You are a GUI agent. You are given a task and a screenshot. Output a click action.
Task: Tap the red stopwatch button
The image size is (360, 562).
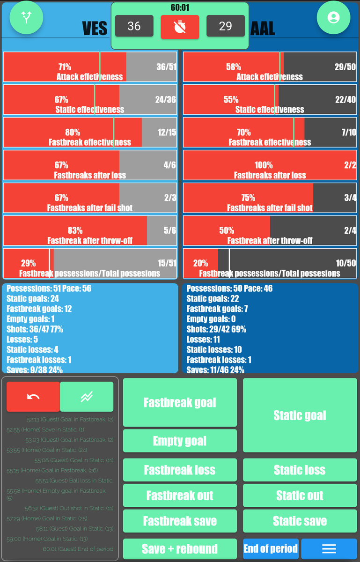[x=180, y=27]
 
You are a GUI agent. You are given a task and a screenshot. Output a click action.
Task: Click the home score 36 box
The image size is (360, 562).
[x=134, y=26]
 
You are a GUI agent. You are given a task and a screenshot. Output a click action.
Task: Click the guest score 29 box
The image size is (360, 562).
[x=225, y=26]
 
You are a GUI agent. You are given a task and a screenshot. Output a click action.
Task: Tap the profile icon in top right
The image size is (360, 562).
[x=333, y=18]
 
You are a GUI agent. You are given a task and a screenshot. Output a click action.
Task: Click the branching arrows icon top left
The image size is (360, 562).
[x=26, y=18]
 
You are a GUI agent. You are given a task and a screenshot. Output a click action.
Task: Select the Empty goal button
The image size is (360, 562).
[x=180, y=441]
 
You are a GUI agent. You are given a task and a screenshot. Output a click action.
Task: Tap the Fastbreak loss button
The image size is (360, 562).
[x=180, y=470]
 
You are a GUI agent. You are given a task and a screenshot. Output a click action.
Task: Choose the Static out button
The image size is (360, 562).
[x=300, y=495]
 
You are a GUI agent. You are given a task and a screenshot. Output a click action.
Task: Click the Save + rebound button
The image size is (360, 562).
[x=180, y=549]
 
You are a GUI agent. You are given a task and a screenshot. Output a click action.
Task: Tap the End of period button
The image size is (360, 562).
[x=271, y=549]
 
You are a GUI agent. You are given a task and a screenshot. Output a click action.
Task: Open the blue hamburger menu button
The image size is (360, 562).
[x=329, y=549]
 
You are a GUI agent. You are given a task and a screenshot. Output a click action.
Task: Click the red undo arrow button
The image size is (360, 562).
[x=33, y=397]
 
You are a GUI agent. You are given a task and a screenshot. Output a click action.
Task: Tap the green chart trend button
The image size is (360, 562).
[x=87, y=397]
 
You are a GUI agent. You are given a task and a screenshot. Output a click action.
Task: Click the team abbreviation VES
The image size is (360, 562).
[x=95, y=29]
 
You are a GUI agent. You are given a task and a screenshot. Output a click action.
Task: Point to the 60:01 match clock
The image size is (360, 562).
[x=180, y=7]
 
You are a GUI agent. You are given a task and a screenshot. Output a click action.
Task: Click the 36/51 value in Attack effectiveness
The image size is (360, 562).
[x=166, y=67]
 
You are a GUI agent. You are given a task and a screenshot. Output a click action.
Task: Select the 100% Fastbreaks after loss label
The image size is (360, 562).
[x=264, y=165]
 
